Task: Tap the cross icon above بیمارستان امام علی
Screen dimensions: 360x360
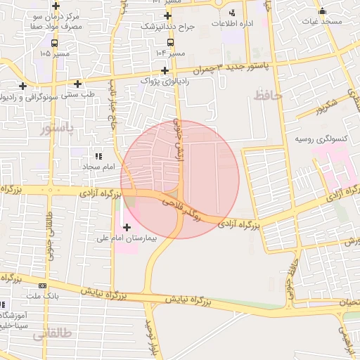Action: pos(127,227)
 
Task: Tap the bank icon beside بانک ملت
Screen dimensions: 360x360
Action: pos(43,286)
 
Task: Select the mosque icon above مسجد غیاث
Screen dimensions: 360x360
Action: pos(322,11)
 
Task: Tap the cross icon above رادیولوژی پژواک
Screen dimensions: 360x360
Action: pos(165,70)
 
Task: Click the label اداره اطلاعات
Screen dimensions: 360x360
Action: pos(233,23)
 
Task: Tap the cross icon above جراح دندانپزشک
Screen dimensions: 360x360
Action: pos(167,15)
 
